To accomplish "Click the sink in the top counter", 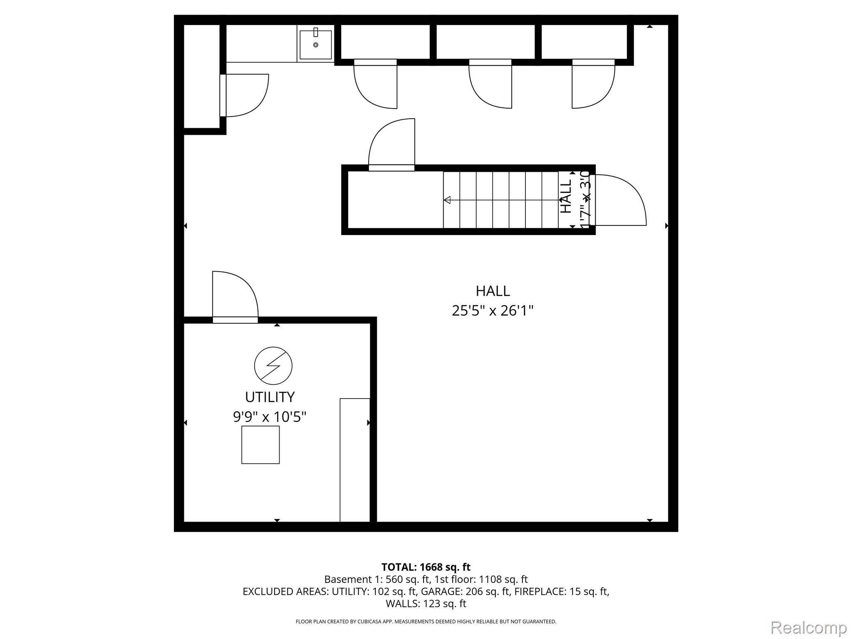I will click(315, 44).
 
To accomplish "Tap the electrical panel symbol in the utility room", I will click(273, 366).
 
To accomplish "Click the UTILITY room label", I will click(270, 397).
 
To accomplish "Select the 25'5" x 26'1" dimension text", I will click(493, 310).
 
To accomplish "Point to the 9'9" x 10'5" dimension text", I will click(270, 416).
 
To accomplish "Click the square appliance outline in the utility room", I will click(260, 445).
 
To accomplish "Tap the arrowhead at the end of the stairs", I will click(447, 200).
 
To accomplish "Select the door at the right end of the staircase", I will click(618, 201).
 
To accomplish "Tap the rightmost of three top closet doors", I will click(593, 84).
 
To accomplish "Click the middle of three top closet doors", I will click(490, 84).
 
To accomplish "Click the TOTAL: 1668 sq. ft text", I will click(426, 567).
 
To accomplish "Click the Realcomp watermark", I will click(808, 627).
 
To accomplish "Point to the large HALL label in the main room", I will click(493, 291).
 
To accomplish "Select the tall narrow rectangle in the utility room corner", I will click(355, 460).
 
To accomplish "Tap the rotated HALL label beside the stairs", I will click(566, 197).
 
